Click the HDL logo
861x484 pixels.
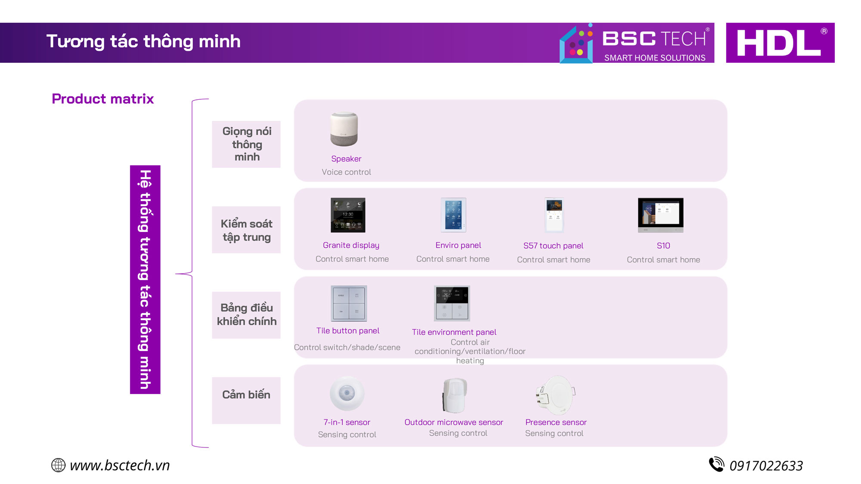(780, 43)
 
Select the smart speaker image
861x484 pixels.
(344, 129)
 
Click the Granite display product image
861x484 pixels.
(348, 215)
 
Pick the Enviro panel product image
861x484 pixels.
(453, 215)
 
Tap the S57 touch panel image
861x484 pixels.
(554, 215)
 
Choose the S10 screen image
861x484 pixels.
(660, 215)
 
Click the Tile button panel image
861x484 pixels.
(349, 303)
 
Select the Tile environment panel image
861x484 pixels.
(452, 303)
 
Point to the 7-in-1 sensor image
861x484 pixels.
(347, 393)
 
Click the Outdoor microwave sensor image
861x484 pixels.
(455, 395)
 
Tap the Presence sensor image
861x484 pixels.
(555, 395)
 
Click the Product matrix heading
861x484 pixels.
(102, 99)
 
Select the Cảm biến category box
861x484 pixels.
(246, 401)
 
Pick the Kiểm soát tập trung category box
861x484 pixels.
(246, 230)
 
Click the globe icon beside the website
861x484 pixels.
(59, 465)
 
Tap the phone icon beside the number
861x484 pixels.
(717, 464)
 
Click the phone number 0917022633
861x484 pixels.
(766, 466)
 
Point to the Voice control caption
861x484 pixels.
(346, 172)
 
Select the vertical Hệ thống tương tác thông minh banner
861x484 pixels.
(145, 280)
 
